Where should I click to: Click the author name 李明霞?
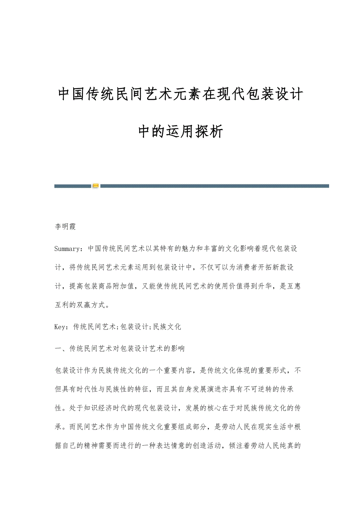(x=65, y=227)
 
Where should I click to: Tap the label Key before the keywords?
(x=61, y=327)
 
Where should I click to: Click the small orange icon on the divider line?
(x=95, y=186)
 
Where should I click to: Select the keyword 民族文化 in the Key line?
(x=167, y=327)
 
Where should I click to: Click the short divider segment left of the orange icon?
(x=72, y=186)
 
